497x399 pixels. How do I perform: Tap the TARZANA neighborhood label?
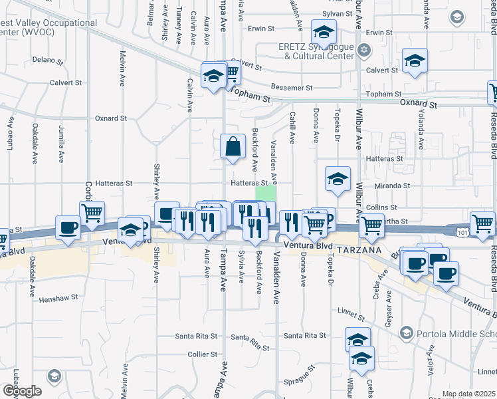(x=359, y=249)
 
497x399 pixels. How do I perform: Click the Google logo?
(x=21, y=391)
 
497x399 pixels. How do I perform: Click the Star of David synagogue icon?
(x=363, y=50)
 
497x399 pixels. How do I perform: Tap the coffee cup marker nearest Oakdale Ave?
(x=68, y=227)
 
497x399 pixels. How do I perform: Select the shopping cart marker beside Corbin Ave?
(x=92, y=213)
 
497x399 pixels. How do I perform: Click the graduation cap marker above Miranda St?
(x=338, y=178)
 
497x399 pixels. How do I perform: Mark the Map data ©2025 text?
(x=468, y=394)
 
